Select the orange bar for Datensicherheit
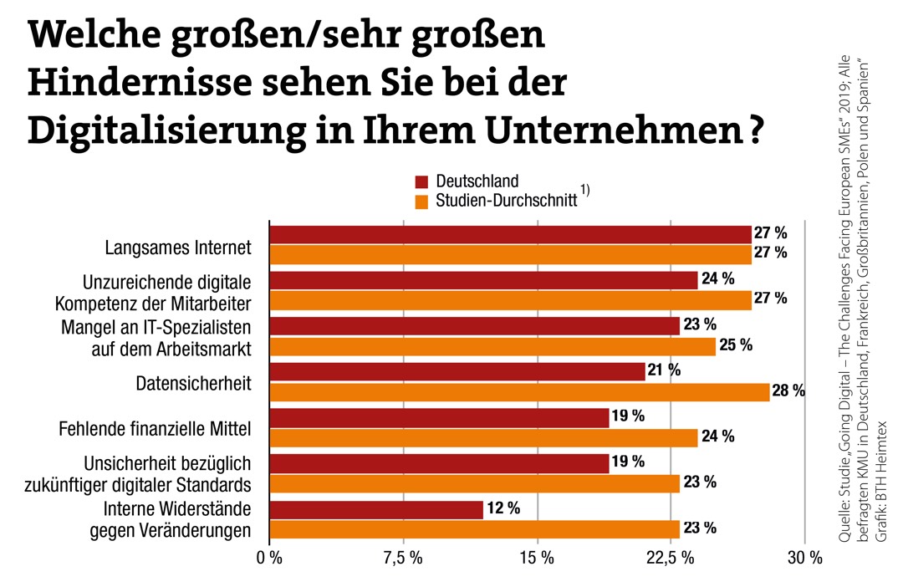click(x=518, y=391)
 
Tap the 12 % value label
click(x=503, y=508)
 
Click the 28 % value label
click(x=788, y=390)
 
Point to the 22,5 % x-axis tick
click(x=670, y=559)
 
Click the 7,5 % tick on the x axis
click(x=403, y=559)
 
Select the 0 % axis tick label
click(x=269, y=559)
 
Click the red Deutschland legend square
click(x=421, y=182)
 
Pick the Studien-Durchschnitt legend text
click(x=505, y=202)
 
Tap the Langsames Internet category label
click(x=178, y=248)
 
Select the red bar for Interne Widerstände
click(x=376, y=509)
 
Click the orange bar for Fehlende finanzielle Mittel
click(x=483, y=437)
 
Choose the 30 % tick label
click(x=804, y=559)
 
